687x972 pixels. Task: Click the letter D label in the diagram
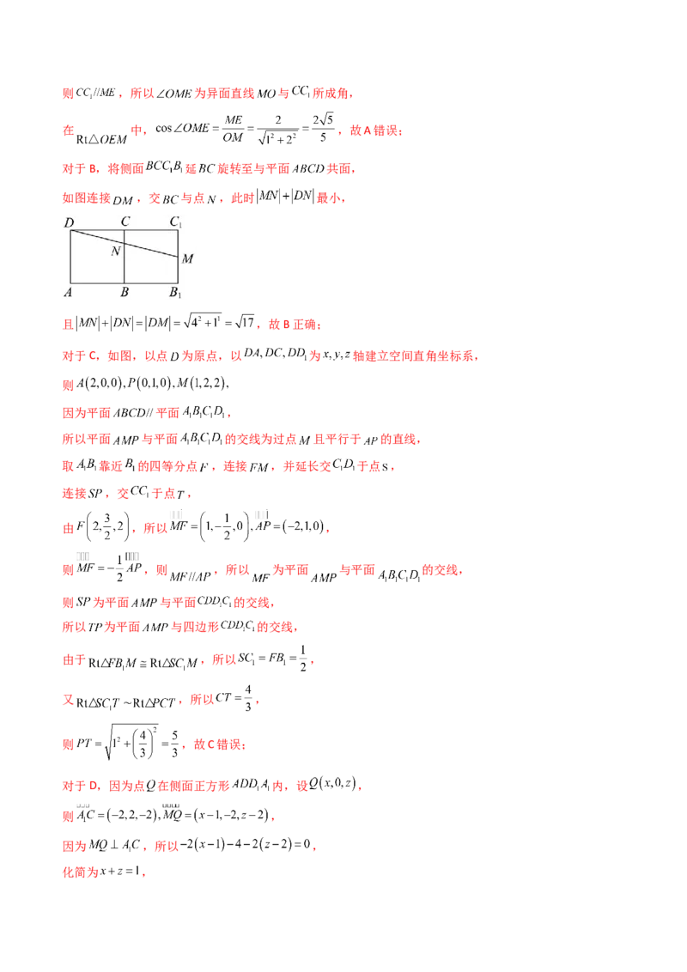(69, 224)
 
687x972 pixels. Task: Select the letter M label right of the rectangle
(187, 258)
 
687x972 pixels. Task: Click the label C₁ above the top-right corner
(175, 223)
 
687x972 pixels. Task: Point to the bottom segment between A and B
(97, 283)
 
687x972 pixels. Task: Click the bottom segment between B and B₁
(152, 283)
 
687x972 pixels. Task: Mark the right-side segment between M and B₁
(179, 270)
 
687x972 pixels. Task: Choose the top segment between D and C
(97, 231)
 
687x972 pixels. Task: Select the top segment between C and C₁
(152, 231)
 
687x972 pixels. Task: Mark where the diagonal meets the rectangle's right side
(179, 258)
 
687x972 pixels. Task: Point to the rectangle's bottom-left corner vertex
(70, 283)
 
